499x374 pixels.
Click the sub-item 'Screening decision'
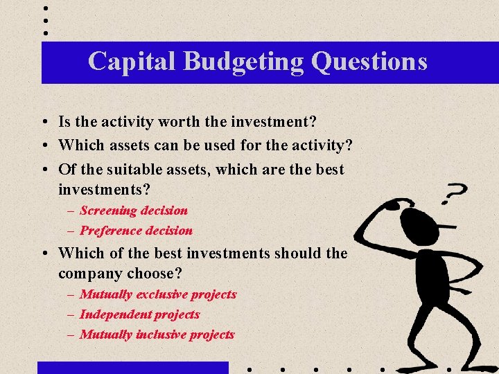coord(134,211)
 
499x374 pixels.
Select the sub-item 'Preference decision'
coord(136,231)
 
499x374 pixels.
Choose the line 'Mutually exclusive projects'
coord(158,294)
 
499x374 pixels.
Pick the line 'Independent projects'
coord(139,314)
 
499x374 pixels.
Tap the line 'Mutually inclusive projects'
coord(157,335)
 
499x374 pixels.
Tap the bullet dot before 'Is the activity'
coord(44,123)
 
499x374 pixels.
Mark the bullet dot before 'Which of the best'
coord(44,253)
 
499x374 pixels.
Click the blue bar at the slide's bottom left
coord(132,368)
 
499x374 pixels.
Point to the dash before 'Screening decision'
coord(71,211)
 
